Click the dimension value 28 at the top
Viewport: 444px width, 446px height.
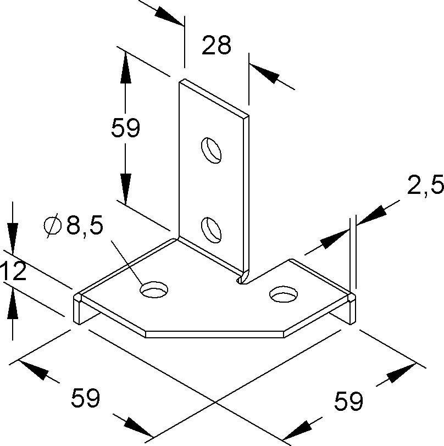(x=217, y=45)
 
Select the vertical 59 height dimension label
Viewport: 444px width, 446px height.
(x=125, y=128)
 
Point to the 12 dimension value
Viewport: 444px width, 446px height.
(x=13, y=271)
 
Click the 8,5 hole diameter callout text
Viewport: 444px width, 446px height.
(x=84, y=225)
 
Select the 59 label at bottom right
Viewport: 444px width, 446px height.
(x=348, y=401)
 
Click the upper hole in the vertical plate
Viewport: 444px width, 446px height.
(x=211, y=150)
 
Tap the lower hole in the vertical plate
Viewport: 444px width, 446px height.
(x=211, y=230)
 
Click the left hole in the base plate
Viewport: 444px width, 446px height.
(x=154, y=289)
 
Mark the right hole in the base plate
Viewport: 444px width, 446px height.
(x=284, y=293)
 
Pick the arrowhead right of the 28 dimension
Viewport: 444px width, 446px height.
(x=265, y=75)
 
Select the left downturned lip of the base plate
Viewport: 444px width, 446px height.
(x=77, y=309)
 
